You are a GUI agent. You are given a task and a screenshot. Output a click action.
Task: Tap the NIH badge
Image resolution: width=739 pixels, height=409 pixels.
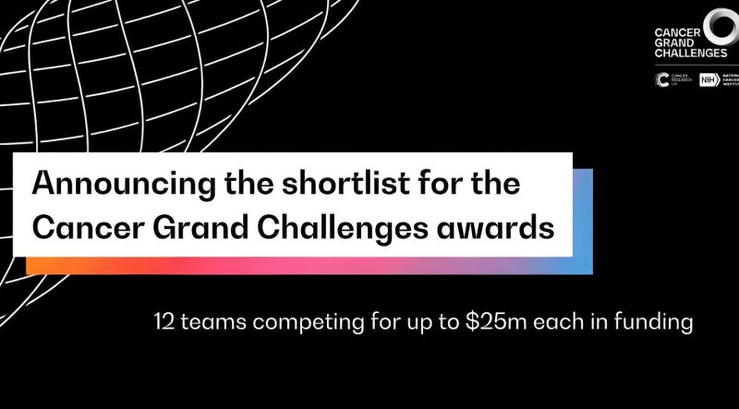point(709,80)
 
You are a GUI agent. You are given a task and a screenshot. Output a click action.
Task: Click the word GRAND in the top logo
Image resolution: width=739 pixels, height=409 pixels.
point(672,42)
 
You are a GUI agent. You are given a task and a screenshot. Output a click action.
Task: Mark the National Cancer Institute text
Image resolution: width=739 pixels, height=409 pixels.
point(731,80)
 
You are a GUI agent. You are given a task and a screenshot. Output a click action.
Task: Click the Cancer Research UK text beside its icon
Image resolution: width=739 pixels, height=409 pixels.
point(680,81)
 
